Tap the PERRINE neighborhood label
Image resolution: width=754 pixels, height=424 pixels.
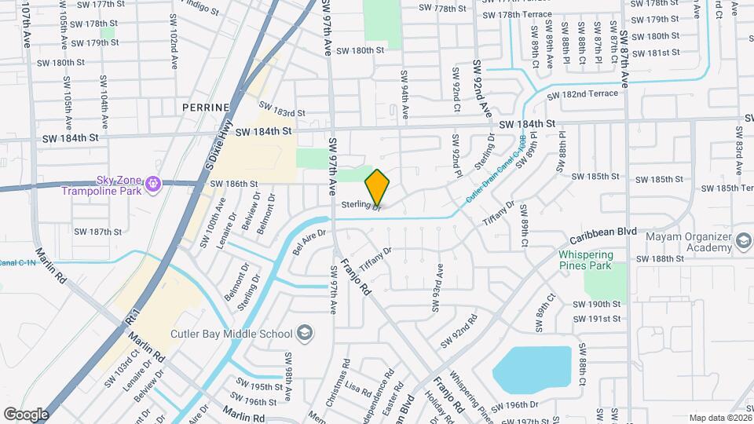pos(205,107)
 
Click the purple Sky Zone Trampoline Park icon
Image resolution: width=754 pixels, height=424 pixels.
pos(153,185)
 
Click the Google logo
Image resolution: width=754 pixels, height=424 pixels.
pos(26,414)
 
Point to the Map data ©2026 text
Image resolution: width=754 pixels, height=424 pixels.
pos(719,418)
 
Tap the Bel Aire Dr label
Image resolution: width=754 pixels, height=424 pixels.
pos(308,242)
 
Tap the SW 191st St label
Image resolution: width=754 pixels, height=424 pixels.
pos(596,319)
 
